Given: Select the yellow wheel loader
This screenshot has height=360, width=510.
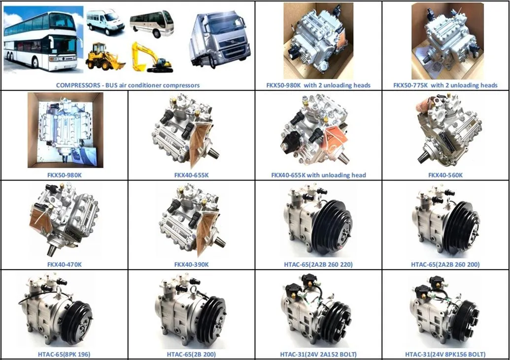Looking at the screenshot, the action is click(105, 57).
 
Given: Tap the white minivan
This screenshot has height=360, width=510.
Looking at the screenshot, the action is click(105, 22).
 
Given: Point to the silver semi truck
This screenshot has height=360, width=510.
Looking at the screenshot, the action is click(220, 38).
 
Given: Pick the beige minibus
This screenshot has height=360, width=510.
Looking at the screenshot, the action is click(152, 24).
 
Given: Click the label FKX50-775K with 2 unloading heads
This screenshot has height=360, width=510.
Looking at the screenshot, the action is click(445, 85).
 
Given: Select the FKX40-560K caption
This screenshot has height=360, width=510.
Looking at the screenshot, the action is click(445, 175).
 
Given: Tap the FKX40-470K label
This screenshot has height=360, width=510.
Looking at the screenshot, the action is click(65, 265).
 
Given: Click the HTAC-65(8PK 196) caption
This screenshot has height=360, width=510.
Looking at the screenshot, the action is click(64, 354).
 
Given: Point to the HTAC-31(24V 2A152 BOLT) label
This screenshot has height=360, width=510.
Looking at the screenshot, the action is click(318, 354).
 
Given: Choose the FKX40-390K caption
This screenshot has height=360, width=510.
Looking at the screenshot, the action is click(191, 265).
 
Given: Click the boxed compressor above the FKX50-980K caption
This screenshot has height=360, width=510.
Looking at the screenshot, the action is click(66, 130).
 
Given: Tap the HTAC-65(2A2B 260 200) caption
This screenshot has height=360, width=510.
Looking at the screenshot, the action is click(445, 265).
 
